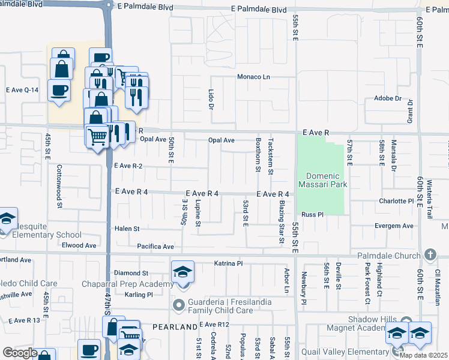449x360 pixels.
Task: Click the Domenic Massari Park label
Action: pos(323,180)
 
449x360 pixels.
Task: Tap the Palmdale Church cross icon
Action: pos(429,255)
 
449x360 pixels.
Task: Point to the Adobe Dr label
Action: pos(387,98)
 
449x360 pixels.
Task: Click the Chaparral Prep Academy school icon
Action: pos(182,272)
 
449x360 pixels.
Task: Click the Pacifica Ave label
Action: pos(155,247)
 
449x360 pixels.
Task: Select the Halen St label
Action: pos(127,229)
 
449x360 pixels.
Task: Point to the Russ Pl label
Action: pos(312,214)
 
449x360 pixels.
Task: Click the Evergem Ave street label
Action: pos(393,226)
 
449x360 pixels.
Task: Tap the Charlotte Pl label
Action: pos(396,201)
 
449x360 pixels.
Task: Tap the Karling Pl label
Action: pos(139,295)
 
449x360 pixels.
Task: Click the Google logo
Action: pos(20,353)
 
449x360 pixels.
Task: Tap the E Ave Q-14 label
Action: pos(22,90)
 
